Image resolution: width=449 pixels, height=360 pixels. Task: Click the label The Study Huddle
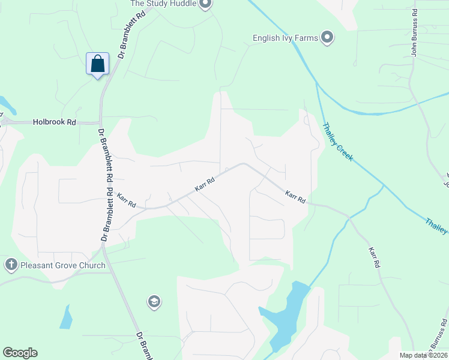click(164, 4)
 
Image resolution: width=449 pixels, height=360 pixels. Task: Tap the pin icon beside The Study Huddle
click(205, 4)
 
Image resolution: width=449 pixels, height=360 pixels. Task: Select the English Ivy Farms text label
click(285, 38)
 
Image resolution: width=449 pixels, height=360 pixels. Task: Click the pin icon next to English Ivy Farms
click(327, 38)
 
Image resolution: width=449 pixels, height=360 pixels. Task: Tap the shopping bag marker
click(98, 64)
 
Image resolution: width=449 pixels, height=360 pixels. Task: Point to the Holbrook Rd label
click(55, 122)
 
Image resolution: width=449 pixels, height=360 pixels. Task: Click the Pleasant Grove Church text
click(62, 265)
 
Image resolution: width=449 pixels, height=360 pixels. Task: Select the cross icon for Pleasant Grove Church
click(11, 265)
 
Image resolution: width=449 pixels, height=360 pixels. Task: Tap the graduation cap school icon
click(154, 302)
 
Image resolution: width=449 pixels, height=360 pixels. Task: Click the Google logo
click(20, 353)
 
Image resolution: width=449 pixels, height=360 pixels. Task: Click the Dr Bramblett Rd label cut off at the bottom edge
click(143, 346)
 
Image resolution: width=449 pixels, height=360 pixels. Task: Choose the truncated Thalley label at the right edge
click(436, 227)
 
